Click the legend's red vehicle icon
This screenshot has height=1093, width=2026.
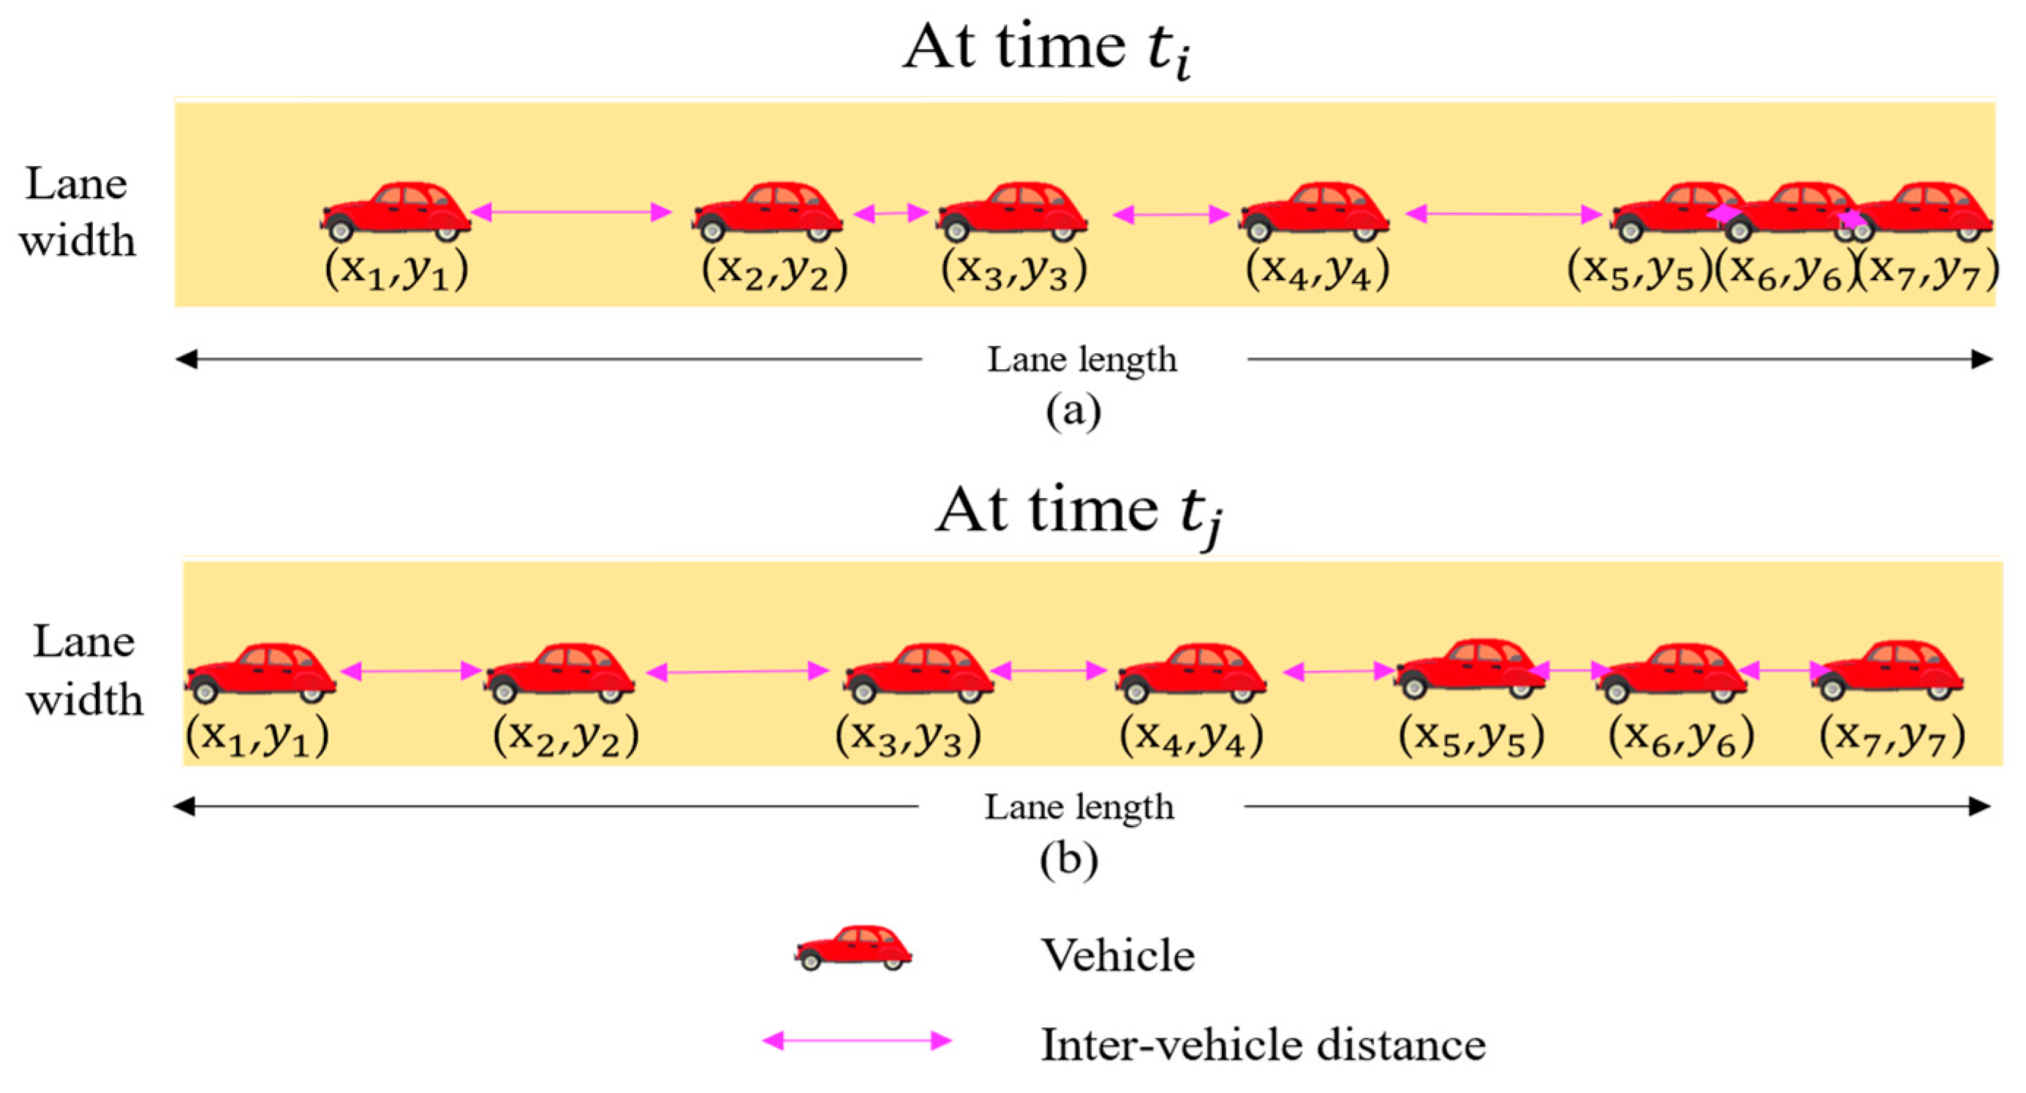tap(853, 948)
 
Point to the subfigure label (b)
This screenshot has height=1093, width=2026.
tap(1069, 861)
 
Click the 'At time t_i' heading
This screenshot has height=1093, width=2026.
tap(1046, 49)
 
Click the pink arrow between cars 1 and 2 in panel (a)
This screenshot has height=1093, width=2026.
tap(572, 211)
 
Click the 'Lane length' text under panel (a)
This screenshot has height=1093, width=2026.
tap(1082, 360)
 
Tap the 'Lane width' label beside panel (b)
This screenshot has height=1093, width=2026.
tap(84, 670)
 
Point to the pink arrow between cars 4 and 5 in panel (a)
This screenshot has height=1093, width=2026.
tap(1503, 213)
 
